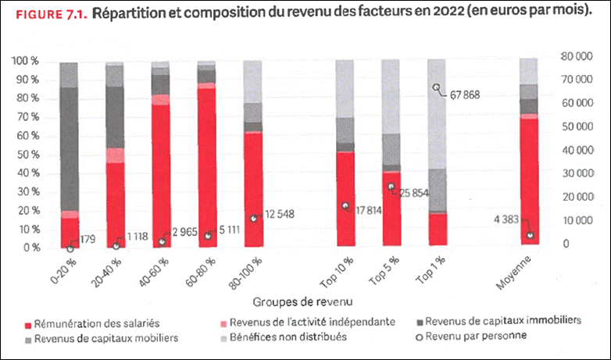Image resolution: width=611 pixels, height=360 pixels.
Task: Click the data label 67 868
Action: click(465, 94)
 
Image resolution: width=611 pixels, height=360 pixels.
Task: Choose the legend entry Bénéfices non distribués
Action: click(297, 337)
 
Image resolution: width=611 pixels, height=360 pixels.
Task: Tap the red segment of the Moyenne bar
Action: click(529, 180)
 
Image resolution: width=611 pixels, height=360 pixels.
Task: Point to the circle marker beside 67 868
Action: click(437, 87)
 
